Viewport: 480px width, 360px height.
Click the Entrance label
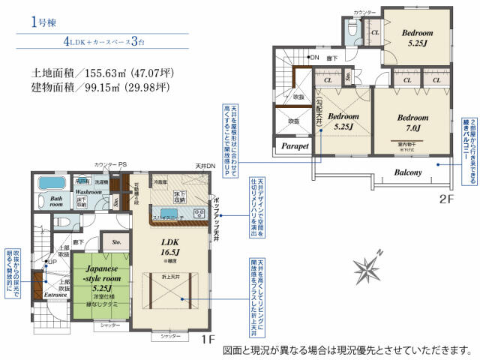(x=55, y=295)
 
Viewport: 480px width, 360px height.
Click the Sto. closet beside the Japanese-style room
(x=117, y=243)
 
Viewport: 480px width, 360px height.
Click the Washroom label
(x=88, y=192)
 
